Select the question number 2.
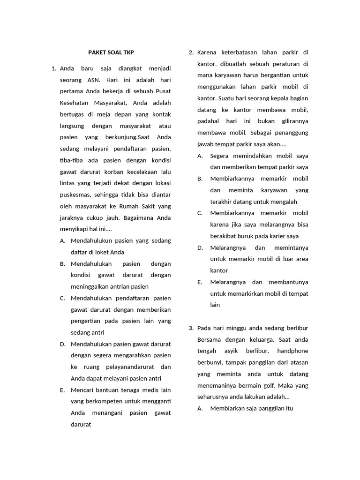coord(191,52)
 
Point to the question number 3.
coord(191,328)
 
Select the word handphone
coord(292,351)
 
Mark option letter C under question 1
coord(62,298)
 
